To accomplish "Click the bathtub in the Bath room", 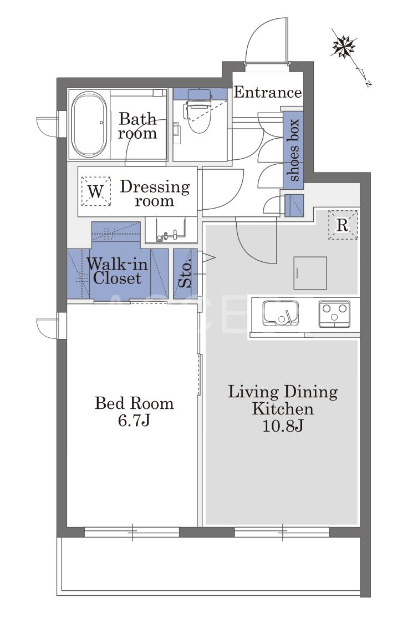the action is pyautogui.click(x=89, y=125).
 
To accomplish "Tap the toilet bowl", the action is pyautogui.click(x=198, y=113).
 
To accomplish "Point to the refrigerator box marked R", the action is pyautogui.click(x=343, y=225).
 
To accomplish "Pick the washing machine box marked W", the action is pyautogui.click(x=96, y=191).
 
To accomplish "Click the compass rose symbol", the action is pyautogui.click(x=344, y=47).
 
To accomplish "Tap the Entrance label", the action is pyautogui.click(x=267, y=93).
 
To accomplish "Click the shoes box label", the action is pyautogui.click(x=294, y=150).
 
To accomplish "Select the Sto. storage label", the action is pyautogui.click(x=185, y=274).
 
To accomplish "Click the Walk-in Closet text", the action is pyautogui.click(x=118, y=271).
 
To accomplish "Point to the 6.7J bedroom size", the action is pyautogui.click(x=134, y=420).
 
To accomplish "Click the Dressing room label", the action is pyautogui.click(x=155, y=193).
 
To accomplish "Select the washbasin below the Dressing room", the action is pyautogui.click(x=171, y=230).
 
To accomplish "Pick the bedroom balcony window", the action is pyautogui.click(x=132, y=532).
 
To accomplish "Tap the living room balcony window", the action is pyautogui.click(x=282, y=532).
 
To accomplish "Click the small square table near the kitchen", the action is pyautogui.click(x=310, y=273).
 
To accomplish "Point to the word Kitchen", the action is pyautogui.click(x=283, y=409).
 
